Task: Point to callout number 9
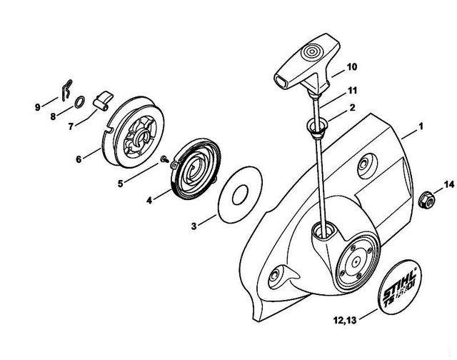[x=38, y=108]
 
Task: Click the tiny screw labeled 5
[x=164, y=157]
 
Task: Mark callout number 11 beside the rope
[x=351, y=91]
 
